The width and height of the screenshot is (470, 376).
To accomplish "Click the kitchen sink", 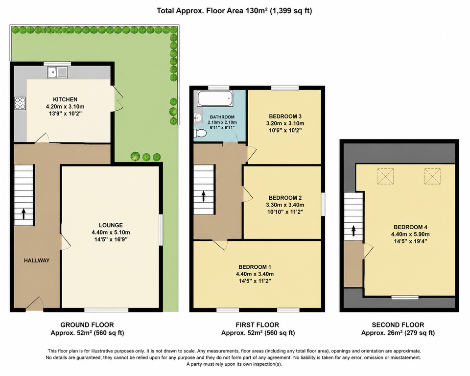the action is (58, 72).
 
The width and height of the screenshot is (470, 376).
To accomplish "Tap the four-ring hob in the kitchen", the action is (20, 103).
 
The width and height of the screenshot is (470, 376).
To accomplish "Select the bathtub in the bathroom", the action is (215, 98).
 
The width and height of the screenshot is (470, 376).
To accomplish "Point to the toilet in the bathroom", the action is (200, 133).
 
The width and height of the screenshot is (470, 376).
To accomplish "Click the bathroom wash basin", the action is (197, 117).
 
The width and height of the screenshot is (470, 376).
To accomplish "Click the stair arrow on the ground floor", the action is (23, 214).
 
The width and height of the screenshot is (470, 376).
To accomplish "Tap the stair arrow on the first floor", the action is (204, 196).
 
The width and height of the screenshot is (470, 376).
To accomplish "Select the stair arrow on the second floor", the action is (353, 231).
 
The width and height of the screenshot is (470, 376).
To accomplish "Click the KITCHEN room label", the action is (65, 99).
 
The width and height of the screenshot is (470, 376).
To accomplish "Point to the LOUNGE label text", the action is (111, 225).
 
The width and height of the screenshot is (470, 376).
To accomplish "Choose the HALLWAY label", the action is (37, 260).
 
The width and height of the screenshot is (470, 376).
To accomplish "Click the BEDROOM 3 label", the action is (285, 117).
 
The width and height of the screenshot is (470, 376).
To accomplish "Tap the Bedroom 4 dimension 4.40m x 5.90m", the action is (410, 235).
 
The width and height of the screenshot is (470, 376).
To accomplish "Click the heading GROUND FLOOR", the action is (87, 325).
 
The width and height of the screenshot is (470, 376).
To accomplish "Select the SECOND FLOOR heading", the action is (398, 325).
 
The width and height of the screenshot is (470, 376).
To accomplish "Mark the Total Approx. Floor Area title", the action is (235, 11).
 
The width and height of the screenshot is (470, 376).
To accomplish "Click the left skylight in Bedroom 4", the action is (385, 176).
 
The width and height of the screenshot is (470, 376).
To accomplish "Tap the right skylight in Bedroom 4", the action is (432, 176).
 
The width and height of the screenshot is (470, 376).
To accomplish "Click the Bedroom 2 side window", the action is (323, 204).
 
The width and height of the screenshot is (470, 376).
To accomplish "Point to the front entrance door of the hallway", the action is (34, 304).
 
